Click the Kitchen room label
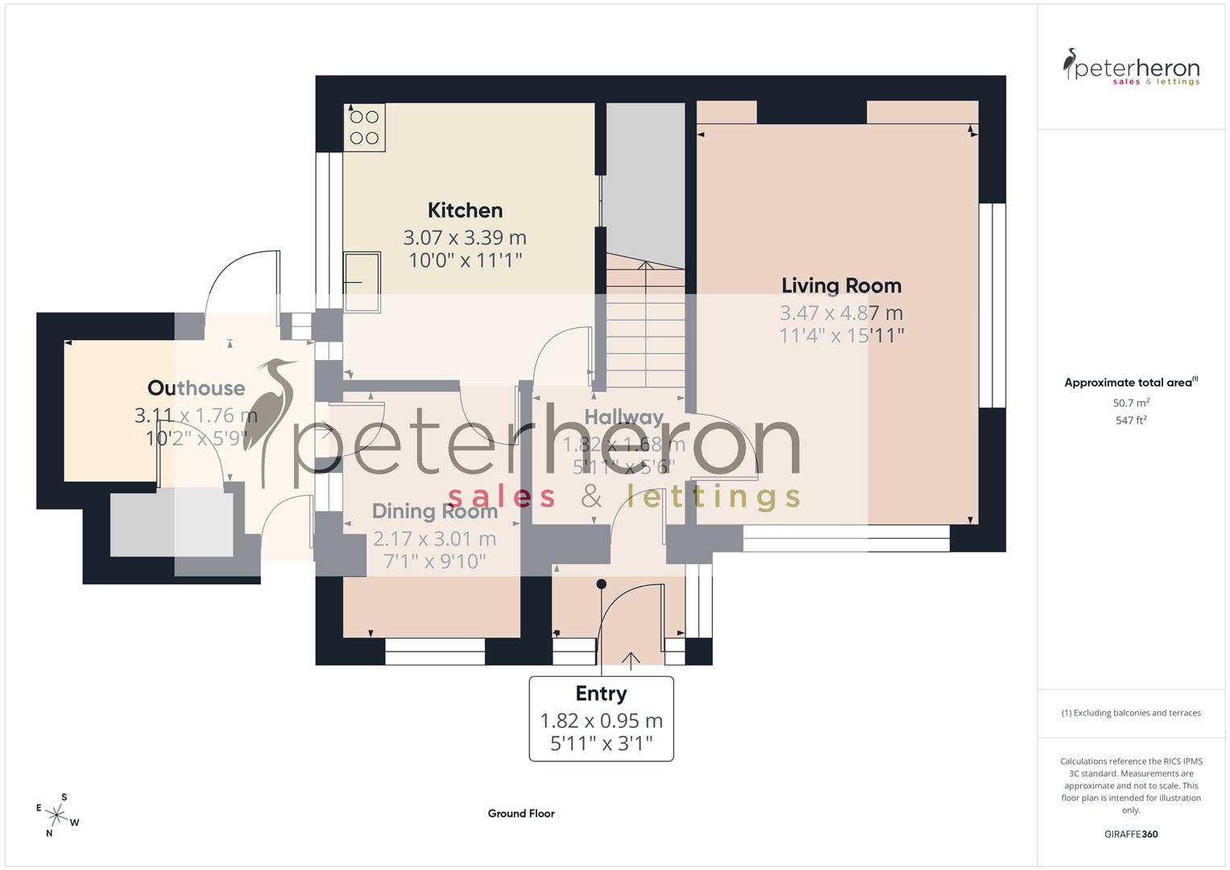pos(465,210)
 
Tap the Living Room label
pos(841,285)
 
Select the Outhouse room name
pos(196,388)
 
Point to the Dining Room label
pos(434,511)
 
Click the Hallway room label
pos(623,417)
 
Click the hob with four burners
pos(365,127)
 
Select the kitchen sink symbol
pos(362,281)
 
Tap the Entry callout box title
pos(601,694)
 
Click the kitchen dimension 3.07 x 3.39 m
pos(465,238)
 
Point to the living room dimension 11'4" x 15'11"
pos(841,335)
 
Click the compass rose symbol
pos(57,814)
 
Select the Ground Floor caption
pos(521,814)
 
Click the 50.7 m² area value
pos(1131,403)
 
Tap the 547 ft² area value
pos(1131,420)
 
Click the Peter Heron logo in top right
pos(1131,68)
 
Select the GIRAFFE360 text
pos(1131,835)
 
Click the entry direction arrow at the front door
pos(630,660)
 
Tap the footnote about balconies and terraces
pos(1131,713)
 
